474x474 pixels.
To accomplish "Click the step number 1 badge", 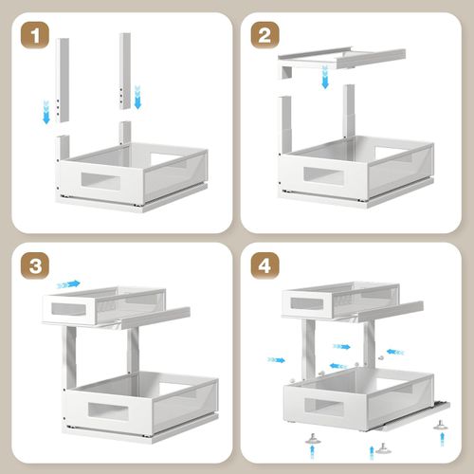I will (x=35, y=38).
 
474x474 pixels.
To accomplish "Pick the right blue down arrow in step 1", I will (x=137, y=96).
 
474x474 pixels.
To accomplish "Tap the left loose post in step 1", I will (x=63, y=81).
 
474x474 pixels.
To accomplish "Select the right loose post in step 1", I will (x=124, y=70).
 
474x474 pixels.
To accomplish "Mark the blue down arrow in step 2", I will (x=325, y=81).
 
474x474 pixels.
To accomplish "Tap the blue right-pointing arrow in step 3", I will (x=68, y=283).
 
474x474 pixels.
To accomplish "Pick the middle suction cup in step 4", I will (x=382, y=447).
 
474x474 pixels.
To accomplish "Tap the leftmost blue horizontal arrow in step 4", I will (x=276, y=359).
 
